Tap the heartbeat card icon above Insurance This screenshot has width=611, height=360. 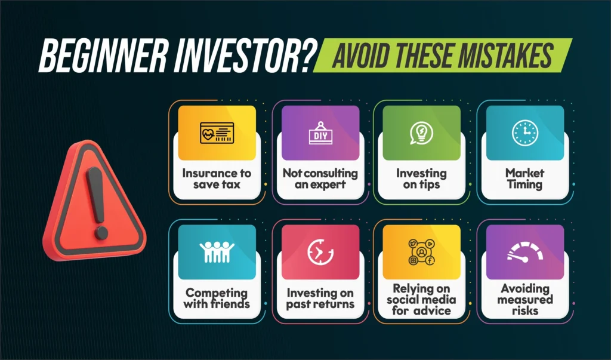click(x=217, y=133)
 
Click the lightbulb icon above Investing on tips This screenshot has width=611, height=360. click(x=422, y=133)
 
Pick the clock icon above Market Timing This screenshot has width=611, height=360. click(x=524, y=133)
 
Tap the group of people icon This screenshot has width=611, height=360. click(x=217, y=252)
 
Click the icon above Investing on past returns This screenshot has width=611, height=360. click(x=320, y=252)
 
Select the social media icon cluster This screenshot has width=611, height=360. click(x=422, y=252)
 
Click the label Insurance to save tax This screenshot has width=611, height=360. click(x=217, y=179)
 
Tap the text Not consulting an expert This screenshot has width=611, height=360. click(x=320, y=179)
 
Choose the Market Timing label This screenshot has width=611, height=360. click(x=524, y=179)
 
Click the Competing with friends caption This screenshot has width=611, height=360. click(x=217, y=298)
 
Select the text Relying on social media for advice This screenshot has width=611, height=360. click(x=422, y=300)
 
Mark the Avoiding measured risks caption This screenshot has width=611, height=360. click(x=524, y=300)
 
